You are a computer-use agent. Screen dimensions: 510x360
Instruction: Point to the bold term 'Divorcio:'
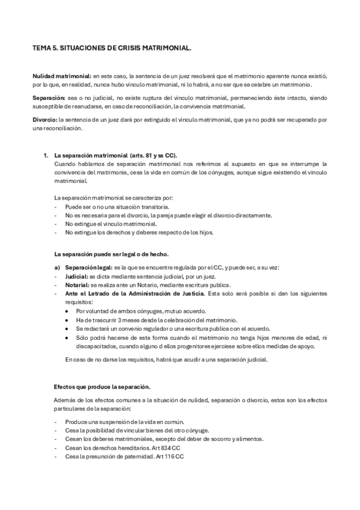click(45, 120)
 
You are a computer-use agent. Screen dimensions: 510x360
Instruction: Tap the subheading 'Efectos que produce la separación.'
click(102, 386)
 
